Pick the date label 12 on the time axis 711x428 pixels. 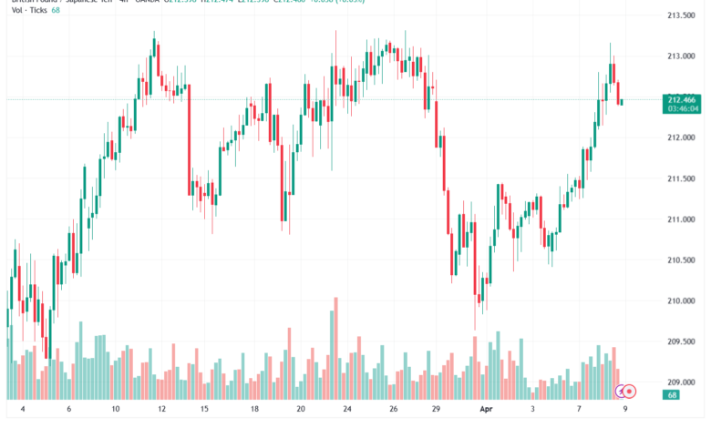pyautogui.click(x=160, y=411)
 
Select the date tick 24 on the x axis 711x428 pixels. pyautogui.click(x=347, y=411)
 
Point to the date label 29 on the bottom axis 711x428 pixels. pyautogui.click(x=437, y=411)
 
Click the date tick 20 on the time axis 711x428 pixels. pyautogui.click(x=301, y=411)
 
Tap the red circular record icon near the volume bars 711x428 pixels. pyautogui.click(x=629, y=392)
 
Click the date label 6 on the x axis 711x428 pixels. pyautogui.click(x=68, y=411)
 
